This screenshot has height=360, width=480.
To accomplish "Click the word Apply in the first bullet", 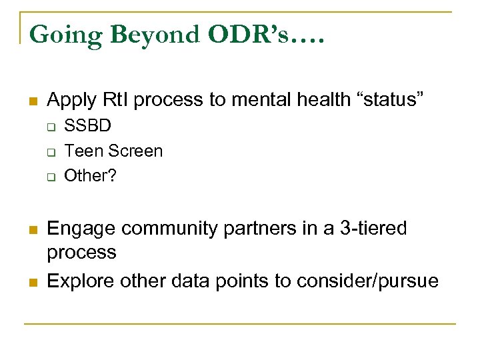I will point(69,101).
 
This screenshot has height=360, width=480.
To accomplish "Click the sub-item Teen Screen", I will point(113,151).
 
